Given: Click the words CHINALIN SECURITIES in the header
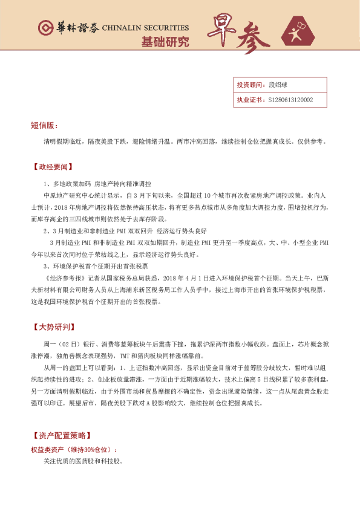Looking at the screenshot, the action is point(146,28).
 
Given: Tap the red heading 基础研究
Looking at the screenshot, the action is point(165,42).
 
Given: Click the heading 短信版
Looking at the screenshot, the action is point(44,125).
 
